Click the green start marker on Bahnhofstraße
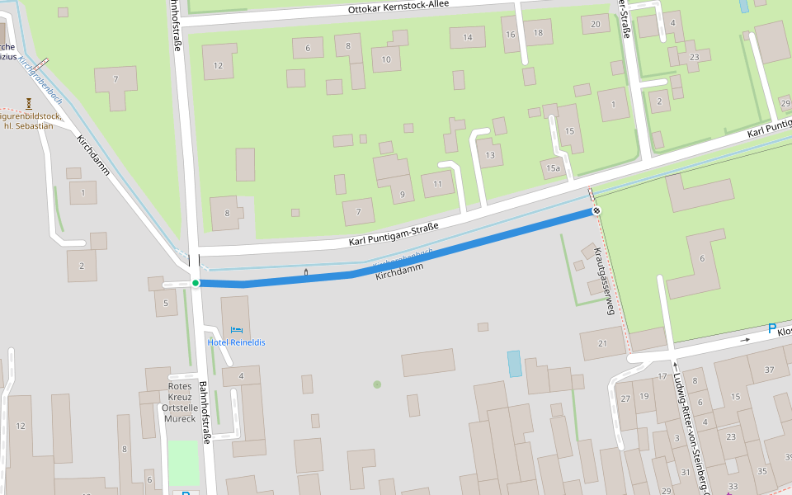[196, 283]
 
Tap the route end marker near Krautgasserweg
[596, 211]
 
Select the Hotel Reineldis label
[236, 342]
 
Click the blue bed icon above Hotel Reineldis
[236, 330]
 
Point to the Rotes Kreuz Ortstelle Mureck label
[180, 402]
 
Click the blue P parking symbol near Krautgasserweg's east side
[772, 329]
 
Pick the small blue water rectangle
[515, 364]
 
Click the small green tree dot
[377, 384]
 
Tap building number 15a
[553, 168]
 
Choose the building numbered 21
[601, 343]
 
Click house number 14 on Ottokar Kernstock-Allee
[468, 37]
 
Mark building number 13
[490, 155]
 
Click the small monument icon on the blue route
[306, 271]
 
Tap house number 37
[769, 370]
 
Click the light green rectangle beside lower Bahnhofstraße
[184, 463]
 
